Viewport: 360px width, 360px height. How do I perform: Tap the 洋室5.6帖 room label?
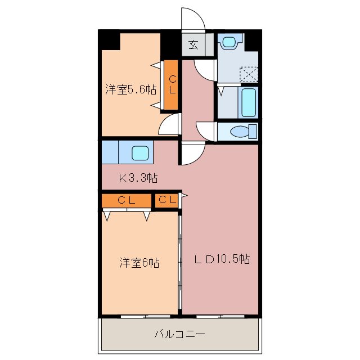pyautogui.click(x=130, y=89)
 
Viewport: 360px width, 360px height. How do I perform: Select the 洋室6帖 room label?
pyautogui.click(x=138, y=262)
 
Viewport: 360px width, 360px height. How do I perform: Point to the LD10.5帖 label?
pyautogui.click(x=222, y=259)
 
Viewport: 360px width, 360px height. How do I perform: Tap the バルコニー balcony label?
pyautogui.click(x=179, y=334)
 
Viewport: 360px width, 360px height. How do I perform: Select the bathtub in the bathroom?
pyautogui.click(x=248, y=101)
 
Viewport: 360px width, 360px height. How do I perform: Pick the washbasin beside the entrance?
pyautogui.click(x=230, y=42)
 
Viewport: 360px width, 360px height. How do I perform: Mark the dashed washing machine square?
pyautogui.click(x=247, y=75)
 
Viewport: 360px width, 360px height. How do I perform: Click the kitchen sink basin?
pyautogui.click(x=140, y=152)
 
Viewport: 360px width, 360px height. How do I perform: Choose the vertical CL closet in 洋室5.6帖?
pyautogui.click(x=171, y=84)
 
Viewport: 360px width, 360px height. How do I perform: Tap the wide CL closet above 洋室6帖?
pyautogui.click(x=127, y=200)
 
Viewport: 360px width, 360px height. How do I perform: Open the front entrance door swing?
pyautogui.click(x=192, y=20)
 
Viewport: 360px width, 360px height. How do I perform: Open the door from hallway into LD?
pyautogui.click(x=192, y=154)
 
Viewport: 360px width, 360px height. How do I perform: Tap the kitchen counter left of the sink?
pyautogui.click(x=110, y=152)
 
